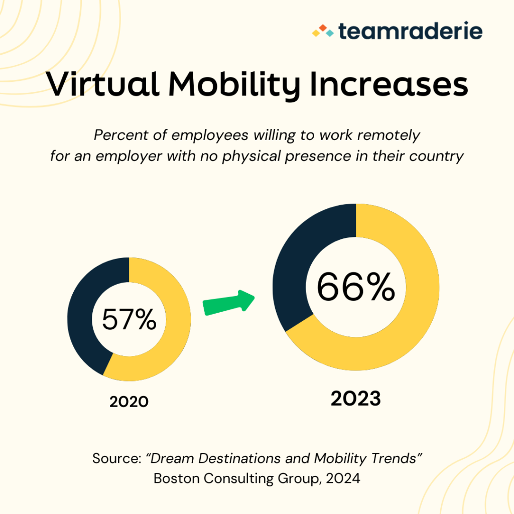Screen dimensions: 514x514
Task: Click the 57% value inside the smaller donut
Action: [129, 320]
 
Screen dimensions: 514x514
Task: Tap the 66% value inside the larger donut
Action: [355, 287]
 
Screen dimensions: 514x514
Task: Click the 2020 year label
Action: [129, 402]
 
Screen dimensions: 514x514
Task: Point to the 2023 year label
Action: [355, 399]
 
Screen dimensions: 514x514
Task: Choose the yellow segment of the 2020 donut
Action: [171, 341]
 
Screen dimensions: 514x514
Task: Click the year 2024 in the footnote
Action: [343, 478]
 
